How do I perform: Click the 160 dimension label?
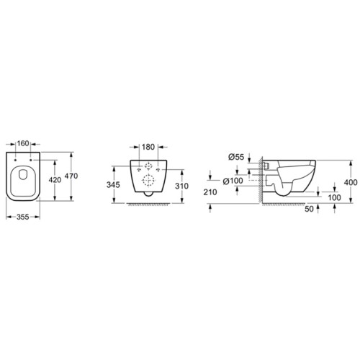tap(23, 143)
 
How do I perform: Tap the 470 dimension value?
tap(71, 176)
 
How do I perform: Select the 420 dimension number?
tap(55, 179)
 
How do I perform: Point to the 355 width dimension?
tap(23, 217)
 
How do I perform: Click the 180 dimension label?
tap(148, 147)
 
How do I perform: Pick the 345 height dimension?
tap(113, 185)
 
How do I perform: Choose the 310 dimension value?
tap(181, 186)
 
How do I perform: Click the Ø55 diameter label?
tap(236, 157)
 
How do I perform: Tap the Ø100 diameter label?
tap(233, 181)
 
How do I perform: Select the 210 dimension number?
tap(210, 192)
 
